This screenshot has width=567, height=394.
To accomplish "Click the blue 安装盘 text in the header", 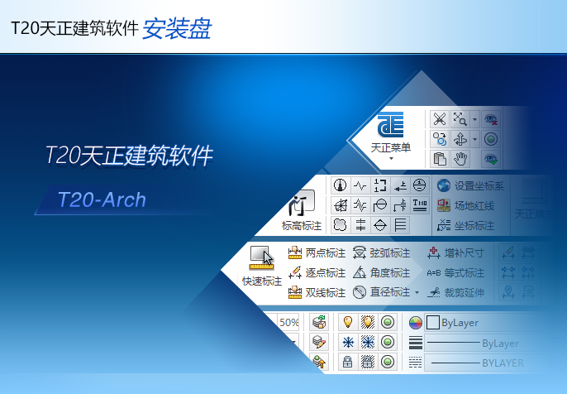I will pyautogui.click(x=177, y=29).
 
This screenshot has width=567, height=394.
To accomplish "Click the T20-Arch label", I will pyautogui.click(x=102, y=200).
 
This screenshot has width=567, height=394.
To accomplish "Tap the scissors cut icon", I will pyautogui.click(x=440, y=119).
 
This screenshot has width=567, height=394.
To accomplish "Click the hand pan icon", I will pyautogui.click(x=461, y=159).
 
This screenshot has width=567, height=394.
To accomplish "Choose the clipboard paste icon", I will pyautogui.click(x=440, y=159).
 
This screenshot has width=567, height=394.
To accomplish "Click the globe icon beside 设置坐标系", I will pyautogui.click(x=444, y=185).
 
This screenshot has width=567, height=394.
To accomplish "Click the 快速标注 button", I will pyautogui.click(x=262, y=267).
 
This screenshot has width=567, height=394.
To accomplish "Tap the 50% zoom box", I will pyautogui.click(x=289, y=322).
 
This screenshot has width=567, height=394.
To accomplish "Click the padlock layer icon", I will pyautogui.click(x=347, y=362).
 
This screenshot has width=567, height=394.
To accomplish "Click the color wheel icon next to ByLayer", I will pyautogui.click(x=416, y=323).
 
